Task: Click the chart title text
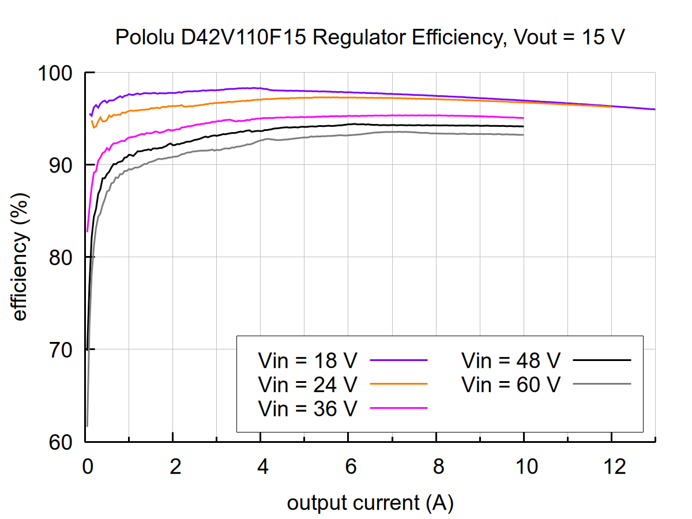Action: (x=370, y=38)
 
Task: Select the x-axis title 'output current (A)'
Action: (x=370, y=503)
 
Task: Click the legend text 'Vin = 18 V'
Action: (x=308, y=361)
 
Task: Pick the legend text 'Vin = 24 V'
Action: (x=308, y=384)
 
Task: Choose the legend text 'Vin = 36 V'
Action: (x=308, y=408)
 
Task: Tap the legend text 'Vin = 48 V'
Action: (x=510, y=361)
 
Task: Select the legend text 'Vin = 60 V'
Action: (x=510, y=384)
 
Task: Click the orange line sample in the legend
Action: (x=398, y=383)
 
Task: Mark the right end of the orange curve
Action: (x=611, y=107)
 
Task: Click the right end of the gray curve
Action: (x=523, y=135)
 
